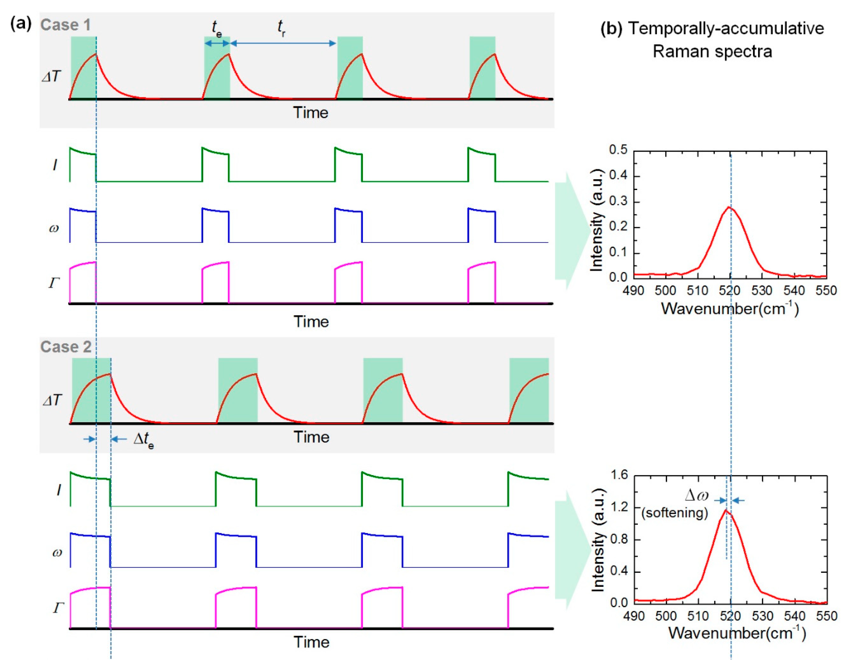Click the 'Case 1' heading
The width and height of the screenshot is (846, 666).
[65, 25]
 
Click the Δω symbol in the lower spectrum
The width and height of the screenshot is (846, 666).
[696, 495]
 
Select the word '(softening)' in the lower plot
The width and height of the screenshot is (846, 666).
[675, 512]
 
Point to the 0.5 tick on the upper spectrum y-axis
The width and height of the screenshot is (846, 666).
[618, 150]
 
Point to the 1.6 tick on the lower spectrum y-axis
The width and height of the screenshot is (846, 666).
[619, 475]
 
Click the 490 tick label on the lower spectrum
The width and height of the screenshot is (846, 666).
[634, 616]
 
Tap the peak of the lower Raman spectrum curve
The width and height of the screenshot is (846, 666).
[726, 510]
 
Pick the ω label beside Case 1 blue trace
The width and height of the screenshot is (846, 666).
[54, 228]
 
